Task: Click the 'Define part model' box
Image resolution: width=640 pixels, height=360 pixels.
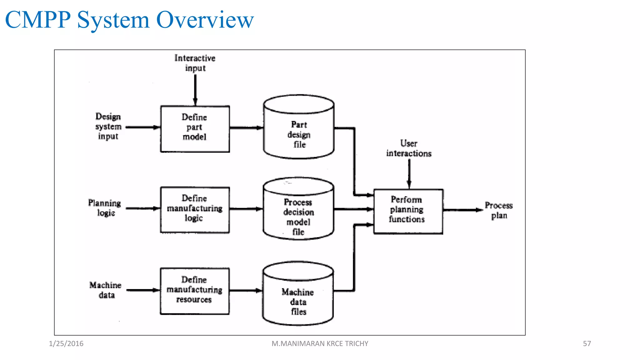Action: [x=195, y=129]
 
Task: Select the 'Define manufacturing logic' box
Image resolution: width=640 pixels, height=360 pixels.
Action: [x=195, y=210]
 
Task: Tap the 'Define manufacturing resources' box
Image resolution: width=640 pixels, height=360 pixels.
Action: [x=195, y=291]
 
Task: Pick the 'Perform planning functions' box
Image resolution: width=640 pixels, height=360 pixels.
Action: [x=408, y=211]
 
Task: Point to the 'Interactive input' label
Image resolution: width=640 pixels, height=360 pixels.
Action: [x=195, y=63]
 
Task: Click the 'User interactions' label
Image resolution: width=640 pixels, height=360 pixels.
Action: [x=409, y=148]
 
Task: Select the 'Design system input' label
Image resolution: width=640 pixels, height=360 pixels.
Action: [x=108, y=126]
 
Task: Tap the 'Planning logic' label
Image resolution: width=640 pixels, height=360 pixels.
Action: [x=105, y=208]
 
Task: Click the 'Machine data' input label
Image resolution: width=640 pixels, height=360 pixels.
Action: [x=106, y=290]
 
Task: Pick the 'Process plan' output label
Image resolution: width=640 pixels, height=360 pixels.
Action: [x=499, y=210]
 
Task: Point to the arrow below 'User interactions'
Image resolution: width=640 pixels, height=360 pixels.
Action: [x=409, y=173]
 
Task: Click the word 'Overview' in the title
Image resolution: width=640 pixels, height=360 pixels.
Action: [x=205, y=20]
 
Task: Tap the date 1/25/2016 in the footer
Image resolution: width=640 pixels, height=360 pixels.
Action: [x=66, y=343]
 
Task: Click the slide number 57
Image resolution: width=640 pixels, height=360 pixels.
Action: [x=587, y=343]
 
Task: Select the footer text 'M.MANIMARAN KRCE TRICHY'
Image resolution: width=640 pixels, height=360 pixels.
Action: [x=320, y=343]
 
